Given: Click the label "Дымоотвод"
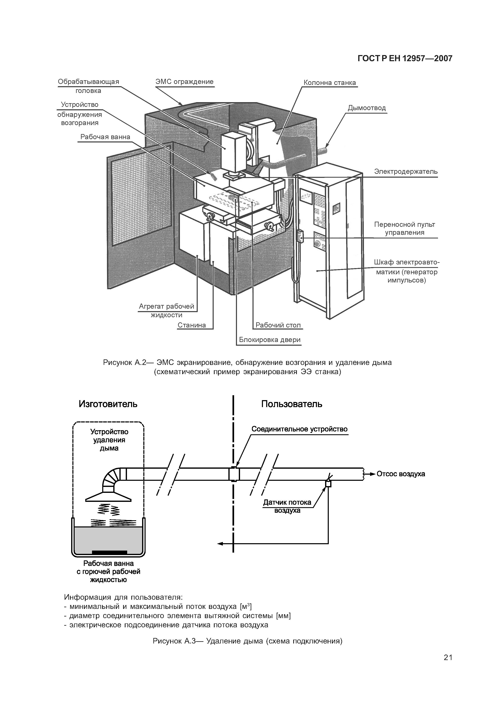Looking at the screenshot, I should point(367,108).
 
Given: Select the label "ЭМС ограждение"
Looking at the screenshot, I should point(184,81).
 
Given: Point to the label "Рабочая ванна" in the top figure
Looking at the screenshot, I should point(105,137).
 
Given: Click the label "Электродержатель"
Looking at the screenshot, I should point(406,172).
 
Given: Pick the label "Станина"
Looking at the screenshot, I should point(192,325).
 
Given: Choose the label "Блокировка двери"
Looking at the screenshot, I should point(270,340).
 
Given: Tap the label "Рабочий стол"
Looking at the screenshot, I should point(278,325).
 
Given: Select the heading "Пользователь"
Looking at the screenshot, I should point(292,404).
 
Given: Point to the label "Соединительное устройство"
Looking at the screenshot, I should point(299,429).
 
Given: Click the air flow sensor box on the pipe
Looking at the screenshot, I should point(328,484).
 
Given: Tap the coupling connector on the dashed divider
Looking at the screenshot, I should point(234,474).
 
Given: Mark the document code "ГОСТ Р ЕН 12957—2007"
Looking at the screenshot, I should point(405,58).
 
